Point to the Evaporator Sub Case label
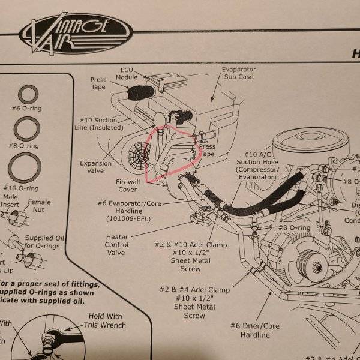tap(239, 73)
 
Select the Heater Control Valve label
tap(117, 245)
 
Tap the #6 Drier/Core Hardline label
tap(251, 330)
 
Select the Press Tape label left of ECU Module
tap(98, 83)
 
